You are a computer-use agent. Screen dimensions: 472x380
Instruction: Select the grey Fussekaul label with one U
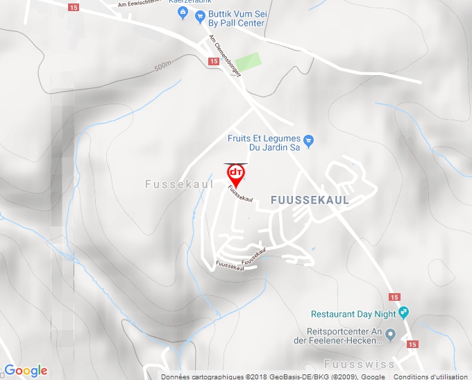coord(180,184)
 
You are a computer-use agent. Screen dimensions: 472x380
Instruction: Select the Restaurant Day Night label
coord(354,313)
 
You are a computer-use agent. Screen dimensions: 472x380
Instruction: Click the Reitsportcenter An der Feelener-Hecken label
coord(345,336)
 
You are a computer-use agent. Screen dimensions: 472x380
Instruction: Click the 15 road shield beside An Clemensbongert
coord(213,61)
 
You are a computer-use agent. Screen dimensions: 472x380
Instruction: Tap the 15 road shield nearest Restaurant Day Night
coord(395,297)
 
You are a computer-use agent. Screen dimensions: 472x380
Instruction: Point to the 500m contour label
coord(162,67)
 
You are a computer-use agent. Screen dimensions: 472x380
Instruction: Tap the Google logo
coord(26,370)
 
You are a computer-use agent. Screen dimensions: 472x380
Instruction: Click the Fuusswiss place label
coord(359,364)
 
